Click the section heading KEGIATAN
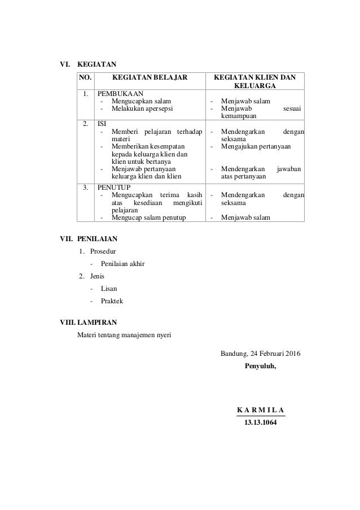click(x=96, y=64)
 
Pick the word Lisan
click(x=109, y=289)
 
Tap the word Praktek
click(x=112, y=301)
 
